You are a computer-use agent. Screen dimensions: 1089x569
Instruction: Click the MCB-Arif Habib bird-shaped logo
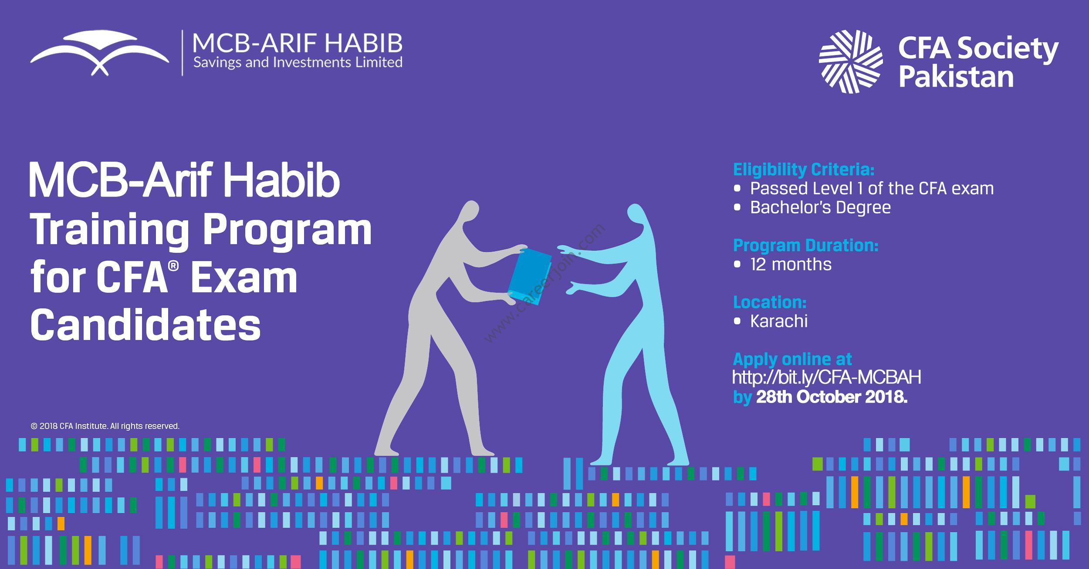click(99, 52)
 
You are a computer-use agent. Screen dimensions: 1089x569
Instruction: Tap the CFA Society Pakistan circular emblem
click(851, 61)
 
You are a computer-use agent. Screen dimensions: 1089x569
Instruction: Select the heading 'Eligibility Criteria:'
click(804, 169)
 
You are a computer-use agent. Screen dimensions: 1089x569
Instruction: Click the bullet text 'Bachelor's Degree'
click(820, 207)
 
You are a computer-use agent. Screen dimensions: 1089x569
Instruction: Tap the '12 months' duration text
click(791, 264)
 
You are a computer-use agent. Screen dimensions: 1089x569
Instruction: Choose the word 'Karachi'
click(779, 321)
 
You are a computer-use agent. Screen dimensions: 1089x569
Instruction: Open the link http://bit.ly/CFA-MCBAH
click(826, 377)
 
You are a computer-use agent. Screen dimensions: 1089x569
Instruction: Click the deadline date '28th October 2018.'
click(832, 397)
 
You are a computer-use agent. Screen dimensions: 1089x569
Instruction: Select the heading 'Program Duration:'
click(805, 246)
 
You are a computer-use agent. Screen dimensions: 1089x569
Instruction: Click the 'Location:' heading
click(770, 302)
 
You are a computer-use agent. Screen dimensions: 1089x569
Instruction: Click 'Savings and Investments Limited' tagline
click(298, 63)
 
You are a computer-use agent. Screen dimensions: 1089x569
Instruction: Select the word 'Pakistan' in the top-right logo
click(956, 77)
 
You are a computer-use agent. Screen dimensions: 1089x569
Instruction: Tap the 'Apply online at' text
click(792, 359)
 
